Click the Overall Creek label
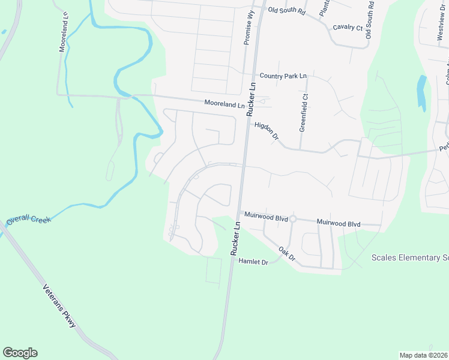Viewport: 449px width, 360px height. coord(29,220)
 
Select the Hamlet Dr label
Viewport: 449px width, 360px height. coord(252,262)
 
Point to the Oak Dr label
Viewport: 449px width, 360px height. coord(287,253)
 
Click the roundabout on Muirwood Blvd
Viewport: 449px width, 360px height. coord(293,220)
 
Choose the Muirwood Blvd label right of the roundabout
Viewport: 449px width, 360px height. coord(338,223)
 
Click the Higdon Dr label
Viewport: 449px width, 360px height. coord(267,131)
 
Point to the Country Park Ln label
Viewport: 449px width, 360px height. coord(283,76)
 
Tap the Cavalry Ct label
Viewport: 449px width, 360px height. coord(348,28)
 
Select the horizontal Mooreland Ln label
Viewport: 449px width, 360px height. coord(224,104)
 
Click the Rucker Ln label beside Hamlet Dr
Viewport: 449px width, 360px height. coord(236,238)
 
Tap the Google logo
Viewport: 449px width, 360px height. coord(20,353)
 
